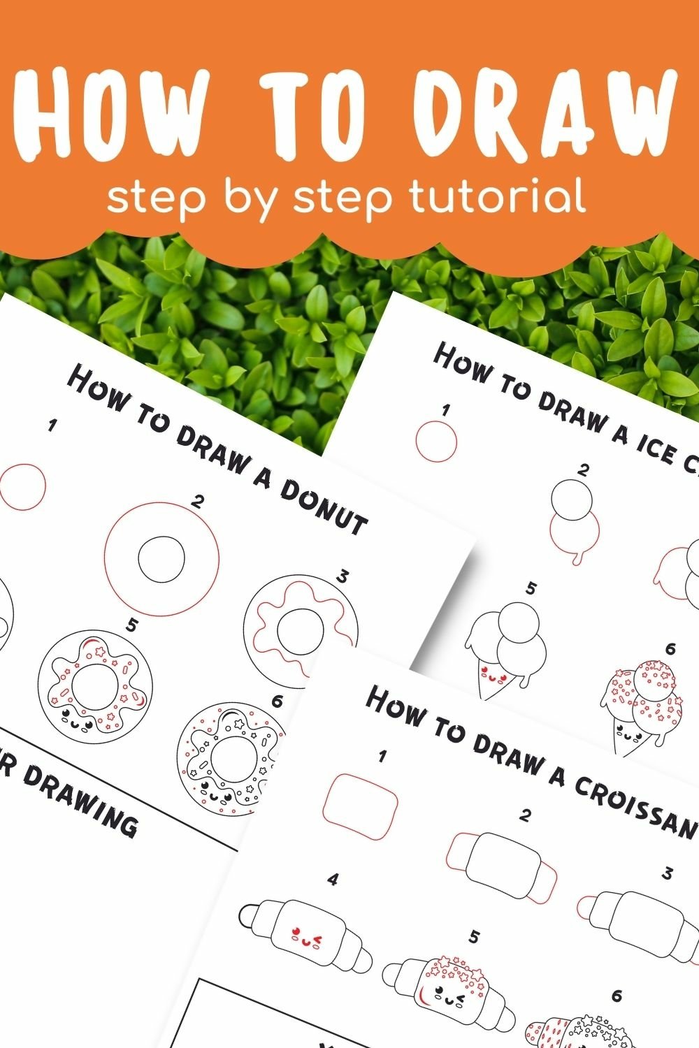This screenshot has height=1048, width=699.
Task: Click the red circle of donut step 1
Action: tap(23, 485)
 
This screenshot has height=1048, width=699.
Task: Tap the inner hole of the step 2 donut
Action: tap(161, 559)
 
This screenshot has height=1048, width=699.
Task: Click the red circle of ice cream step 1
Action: tap(436, 442)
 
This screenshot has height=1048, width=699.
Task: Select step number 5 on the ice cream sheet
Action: tap(531, 588)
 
